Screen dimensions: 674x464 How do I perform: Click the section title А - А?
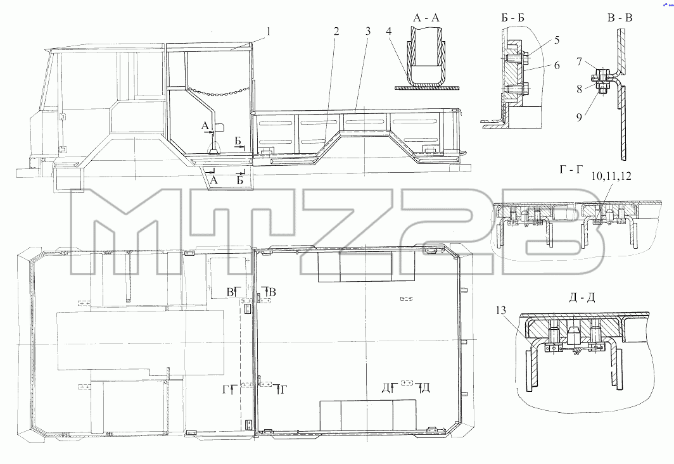(426, 18)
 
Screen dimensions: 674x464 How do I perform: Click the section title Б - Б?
(512, 18)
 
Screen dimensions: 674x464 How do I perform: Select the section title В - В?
(620, 18)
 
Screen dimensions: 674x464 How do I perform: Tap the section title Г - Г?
(571, 170)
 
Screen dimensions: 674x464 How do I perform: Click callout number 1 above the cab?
(269, 32)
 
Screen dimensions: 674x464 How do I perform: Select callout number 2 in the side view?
(336, 32)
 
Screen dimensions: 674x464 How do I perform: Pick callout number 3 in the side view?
(368, 32)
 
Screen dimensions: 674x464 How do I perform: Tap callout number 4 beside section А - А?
(388, 32)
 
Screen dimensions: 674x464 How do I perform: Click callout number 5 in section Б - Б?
(557, 40)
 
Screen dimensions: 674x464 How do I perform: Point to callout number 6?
(557, 65)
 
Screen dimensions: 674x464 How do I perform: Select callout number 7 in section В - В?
(580, 62)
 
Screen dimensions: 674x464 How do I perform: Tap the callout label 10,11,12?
(611, 176)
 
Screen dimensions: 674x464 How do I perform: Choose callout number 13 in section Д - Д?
(501, 311)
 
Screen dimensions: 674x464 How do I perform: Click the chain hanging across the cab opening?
(219, 92)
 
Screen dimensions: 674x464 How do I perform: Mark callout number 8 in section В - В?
(580, 89)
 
